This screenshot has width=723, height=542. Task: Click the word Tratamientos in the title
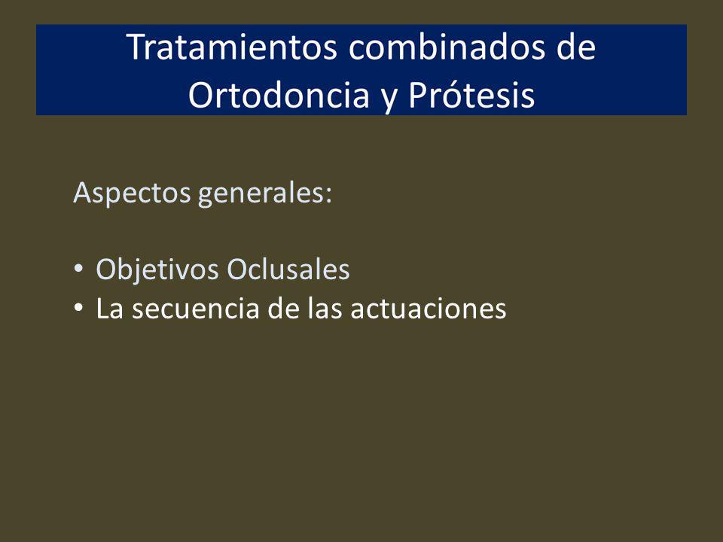pyautogui.click(x=232, y=47)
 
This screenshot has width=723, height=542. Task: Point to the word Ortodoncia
pyautogui.click(x=279, y=95)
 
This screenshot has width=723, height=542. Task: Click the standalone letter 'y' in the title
pyautogui.click(x=389, y=99)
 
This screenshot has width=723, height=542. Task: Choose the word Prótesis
pyautogui.click(x=471, y=95)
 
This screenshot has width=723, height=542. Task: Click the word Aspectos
pyautogui.click(x=132, y=193)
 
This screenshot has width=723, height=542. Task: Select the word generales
pyautogui.click(x=261, y=193)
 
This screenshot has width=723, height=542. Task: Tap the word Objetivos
pyautogui.click(x=157, y=269)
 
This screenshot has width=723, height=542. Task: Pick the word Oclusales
pyautogui.click(x=288, y=269)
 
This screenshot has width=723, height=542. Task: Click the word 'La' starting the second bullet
pyautogui.click(x=109, y=309)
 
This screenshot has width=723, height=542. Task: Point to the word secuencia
pyautogui.click(x=196, y=309)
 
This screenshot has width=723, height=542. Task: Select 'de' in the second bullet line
pyautogui.click(x=283, y=309)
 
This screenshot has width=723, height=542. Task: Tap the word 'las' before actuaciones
pyautogui.click(x=325, y=309)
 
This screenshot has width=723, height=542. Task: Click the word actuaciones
pyautogui.click(x=429, y=309)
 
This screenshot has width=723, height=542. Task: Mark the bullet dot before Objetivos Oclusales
pyautogui.click(x=78, y=268)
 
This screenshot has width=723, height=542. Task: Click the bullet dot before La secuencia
pyautogui.click(x=78, y=307)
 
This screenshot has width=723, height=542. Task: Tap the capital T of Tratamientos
pyautogui.click(x=136, y=47)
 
